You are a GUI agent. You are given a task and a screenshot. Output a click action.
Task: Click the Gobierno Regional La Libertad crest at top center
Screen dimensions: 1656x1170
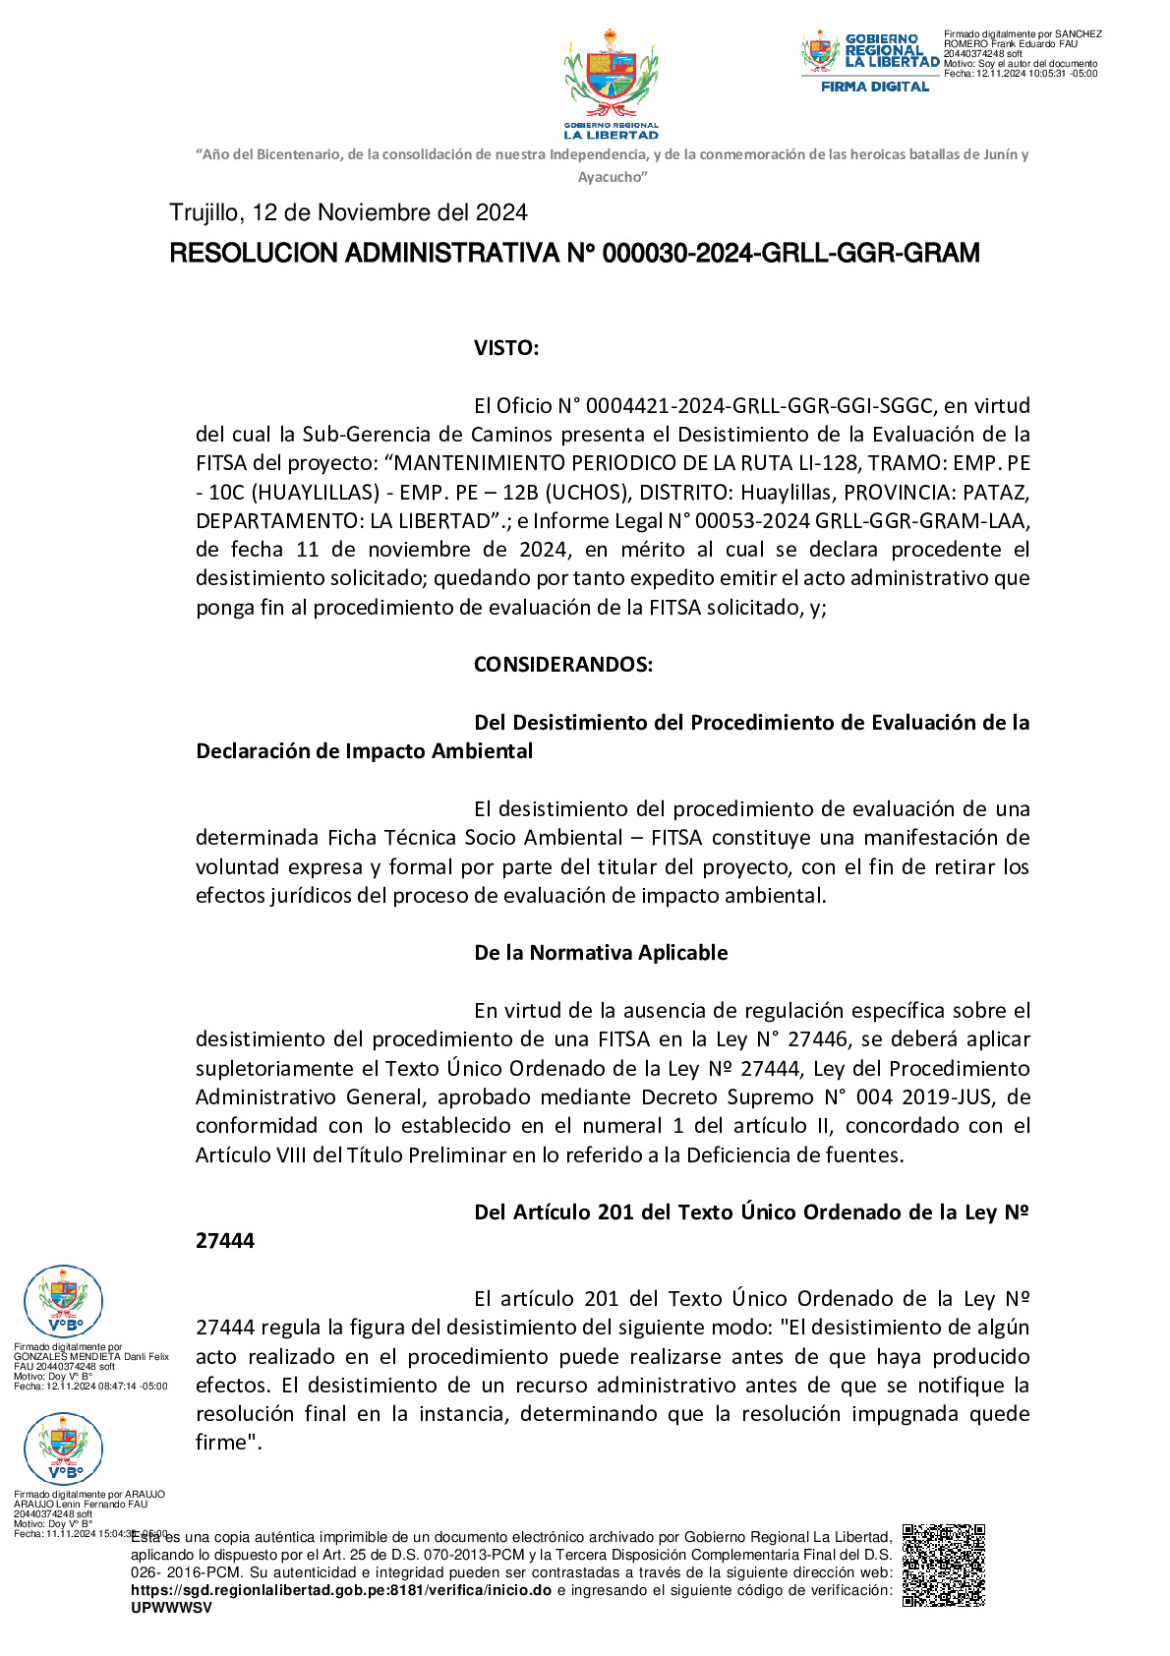pos(611,83)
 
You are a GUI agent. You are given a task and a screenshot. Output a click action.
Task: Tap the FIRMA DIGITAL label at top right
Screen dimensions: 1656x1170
pos(874,87)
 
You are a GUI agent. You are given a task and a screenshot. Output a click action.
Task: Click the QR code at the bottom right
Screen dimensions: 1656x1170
pos(943,1565)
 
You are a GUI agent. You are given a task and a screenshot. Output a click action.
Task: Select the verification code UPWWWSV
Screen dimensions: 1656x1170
pos(171,1608)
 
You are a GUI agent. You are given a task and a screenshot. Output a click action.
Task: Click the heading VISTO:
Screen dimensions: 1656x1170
pos(505,348)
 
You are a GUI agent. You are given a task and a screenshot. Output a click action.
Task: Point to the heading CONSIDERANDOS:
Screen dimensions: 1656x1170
pos(562,665)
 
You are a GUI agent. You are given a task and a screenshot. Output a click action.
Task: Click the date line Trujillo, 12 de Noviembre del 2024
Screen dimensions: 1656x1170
pos(348,212)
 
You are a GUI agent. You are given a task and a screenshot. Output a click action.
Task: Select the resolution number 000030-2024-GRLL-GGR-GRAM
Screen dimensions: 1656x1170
pos(790,254)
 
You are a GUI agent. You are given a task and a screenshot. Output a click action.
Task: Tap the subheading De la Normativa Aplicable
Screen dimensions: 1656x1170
pos(601,953)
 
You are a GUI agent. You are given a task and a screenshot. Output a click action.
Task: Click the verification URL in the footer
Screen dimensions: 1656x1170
pos(341,1590)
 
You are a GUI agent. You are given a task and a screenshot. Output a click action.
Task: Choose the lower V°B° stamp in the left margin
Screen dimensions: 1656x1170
pos(63,1449)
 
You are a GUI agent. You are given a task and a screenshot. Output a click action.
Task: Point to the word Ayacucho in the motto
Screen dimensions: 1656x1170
pos(611,177)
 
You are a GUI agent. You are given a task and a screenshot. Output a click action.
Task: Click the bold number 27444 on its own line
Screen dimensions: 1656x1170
pos(225,1241)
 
